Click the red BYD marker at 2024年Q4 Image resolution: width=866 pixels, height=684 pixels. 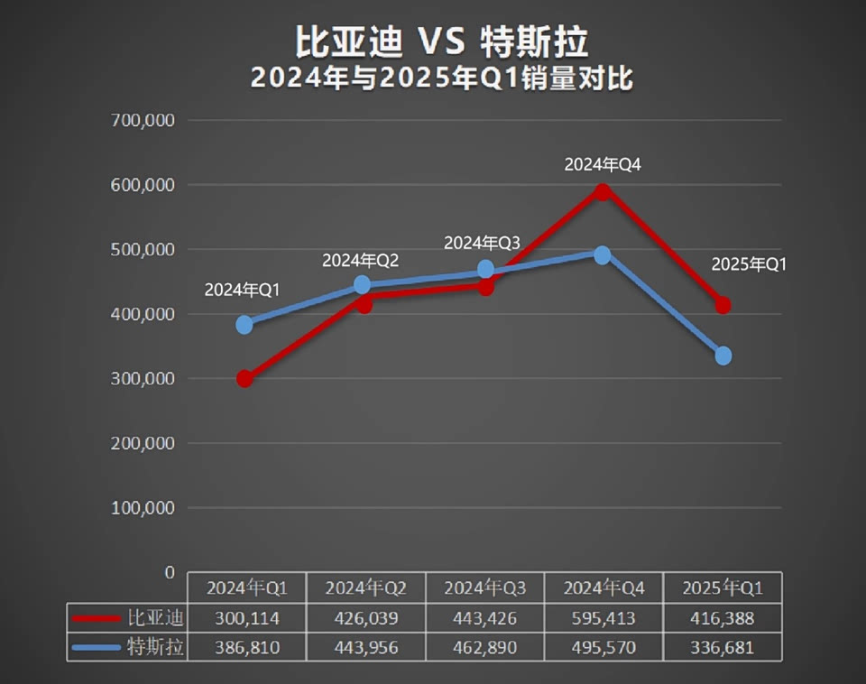coord(603,191)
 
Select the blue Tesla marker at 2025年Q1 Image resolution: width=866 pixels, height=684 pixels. coord(723,356)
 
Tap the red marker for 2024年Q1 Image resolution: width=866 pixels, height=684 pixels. coord(244,378)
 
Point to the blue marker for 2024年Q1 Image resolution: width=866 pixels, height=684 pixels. coord(244,324)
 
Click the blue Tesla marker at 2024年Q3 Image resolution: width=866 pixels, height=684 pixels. coord(485,269)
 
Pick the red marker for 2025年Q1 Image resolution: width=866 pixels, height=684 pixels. coord(723,305)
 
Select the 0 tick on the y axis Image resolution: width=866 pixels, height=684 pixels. coord(169,572)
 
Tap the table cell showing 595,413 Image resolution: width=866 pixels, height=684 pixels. coord(604,618)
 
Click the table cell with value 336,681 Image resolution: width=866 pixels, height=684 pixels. coord(723,648)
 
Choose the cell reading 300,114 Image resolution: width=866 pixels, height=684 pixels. coord(247,618)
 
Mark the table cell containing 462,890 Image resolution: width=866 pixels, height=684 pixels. coord(485,648)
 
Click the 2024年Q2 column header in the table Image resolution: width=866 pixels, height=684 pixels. coord(366,588)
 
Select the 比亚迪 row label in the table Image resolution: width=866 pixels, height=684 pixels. coord(155,618)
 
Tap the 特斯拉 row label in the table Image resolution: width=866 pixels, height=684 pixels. coord(155,648)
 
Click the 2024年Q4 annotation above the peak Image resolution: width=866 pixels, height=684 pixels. coord(603,165)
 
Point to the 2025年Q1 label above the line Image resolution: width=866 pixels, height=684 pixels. coord(750,264)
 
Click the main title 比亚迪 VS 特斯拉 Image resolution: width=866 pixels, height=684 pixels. coord(441,42)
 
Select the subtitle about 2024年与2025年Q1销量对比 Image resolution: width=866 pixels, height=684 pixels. coord(441,79)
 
